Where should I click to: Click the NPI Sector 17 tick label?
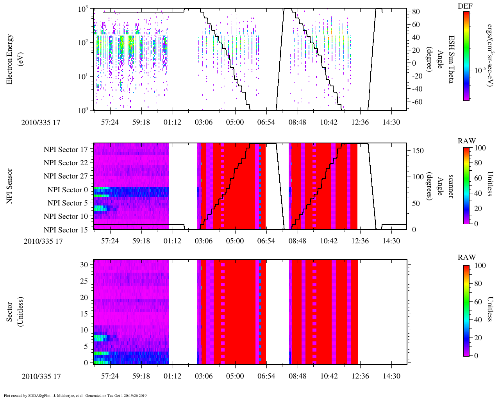(x=66, y=149)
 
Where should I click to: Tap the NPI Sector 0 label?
(x=68, y=190)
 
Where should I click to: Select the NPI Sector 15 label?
(x=66, y=230)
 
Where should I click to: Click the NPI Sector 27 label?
(x=66, y=176)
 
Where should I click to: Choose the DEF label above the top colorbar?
(x=466, y=6)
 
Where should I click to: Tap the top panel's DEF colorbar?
(x=466, y=56)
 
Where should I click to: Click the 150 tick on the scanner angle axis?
(x=418, y=151)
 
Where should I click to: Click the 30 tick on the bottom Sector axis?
(x=84, y=264)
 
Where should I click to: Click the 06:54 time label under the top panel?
(x=266, y=122)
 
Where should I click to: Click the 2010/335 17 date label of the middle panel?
(x=43, y=241)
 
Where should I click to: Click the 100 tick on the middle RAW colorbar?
(x=480, y=148)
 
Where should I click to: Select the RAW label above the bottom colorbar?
(x=467, y=257)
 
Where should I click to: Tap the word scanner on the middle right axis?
(x=450, y=186)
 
